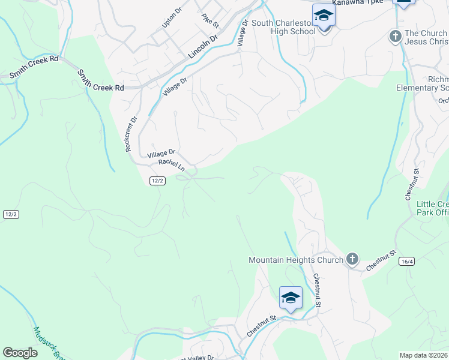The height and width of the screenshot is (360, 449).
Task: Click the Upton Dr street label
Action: pos(171,18)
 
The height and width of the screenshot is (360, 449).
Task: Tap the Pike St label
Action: pos(211,20)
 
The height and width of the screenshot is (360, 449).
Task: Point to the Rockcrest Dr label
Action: pos(131,133)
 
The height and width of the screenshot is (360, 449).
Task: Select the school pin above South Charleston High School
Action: pos(324,16)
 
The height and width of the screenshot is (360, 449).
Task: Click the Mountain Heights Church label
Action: pos(296,260)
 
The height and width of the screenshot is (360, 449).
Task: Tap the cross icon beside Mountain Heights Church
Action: pos(352,259)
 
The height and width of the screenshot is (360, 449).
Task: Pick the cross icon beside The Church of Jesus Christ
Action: pos(395,37)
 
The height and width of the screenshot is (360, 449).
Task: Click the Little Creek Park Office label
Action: pos(432,208)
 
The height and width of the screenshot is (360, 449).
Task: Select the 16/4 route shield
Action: pos(406,261)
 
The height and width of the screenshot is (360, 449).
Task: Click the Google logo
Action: pos(20,353)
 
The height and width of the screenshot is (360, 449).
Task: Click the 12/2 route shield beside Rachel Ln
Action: pos(157,181)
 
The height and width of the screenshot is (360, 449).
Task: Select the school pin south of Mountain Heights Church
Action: pos(290,298)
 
